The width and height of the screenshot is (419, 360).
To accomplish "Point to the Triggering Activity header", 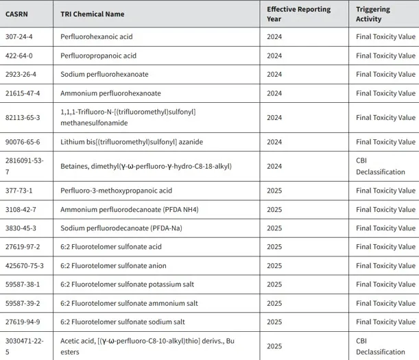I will click(x=373, y=14).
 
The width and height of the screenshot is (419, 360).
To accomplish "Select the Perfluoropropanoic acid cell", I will click(x=99, y=56).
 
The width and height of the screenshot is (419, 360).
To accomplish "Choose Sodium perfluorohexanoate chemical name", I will click(x=104, y=74).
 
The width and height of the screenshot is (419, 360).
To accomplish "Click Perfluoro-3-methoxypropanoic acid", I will click(x=116, y=191).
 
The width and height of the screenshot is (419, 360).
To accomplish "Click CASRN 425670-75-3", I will click(x=23, y=265).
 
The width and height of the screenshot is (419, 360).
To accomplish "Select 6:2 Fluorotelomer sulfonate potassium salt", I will click(x=124, y=284).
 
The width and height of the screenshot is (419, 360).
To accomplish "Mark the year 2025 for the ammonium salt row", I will click(x=274, y=302).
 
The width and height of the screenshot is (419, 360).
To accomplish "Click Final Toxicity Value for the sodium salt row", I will click(x=385, y=321).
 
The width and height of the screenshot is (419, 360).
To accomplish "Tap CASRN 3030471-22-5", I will click(x=23, y=346).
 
